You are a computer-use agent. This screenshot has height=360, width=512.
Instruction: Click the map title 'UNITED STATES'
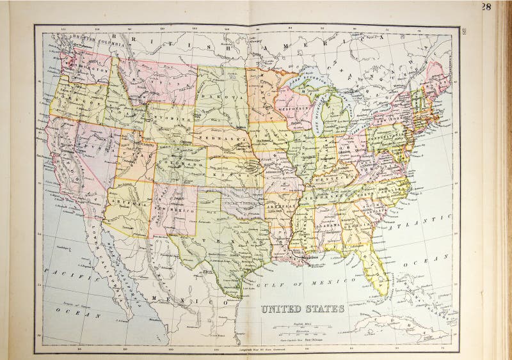point(303,309)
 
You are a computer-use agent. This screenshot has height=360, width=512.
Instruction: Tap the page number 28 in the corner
point(486,7)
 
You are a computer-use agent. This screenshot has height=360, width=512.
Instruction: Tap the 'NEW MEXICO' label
point(173,208)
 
